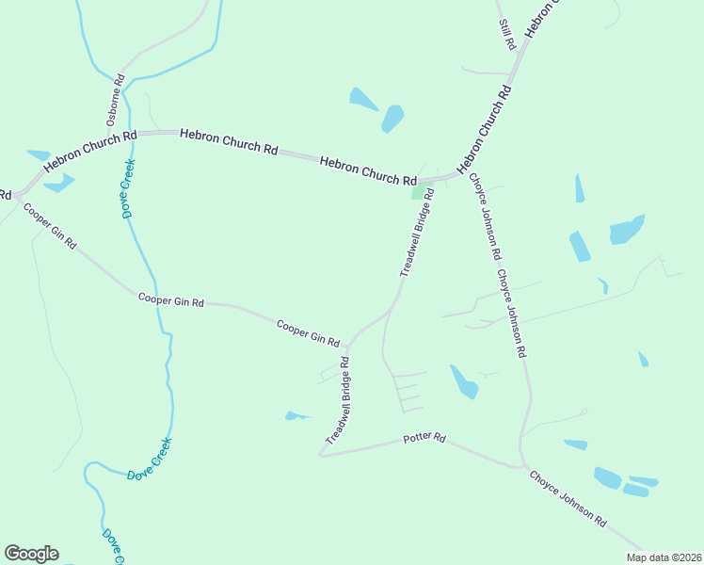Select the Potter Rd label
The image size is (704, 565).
424,439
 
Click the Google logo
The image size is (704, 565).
31,554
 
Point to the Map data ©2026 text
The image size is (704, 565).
664,557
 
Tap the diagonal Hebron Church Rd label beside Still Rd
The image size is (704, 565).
487,131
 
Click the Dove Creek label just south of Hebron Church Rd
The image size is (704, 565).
129,188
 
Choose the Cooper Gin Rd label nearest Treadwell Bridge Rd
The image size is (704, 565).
308,332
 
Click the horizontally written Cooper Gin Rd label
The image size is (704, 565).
171,301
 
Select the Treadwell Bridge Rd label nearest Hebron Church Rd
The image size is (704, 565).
417,232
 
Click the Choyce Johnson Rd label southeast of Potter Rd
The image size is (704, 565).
568,498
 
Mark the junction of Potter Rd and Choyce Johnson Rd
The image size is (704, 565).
520,465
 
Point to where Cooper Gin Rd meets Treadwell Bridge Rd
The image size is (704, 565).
349,344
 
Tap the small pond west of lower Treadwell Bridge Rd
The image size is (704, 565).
296,415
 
